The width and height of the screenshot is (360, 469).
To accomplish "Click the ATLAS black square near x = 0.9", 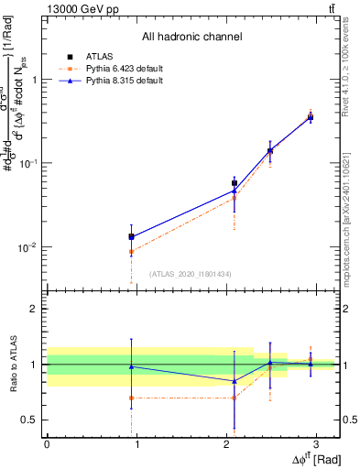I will (132, 236).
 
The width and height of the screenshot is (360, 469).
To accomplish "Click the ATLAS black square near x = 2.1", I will (235, 183).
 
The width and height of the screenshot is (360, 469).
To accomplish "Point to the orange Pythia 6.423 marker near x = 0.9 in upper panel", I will (132, 251).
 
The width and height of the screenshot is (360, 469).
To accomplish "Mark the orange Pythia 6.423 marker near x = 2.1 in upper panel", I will (235, 198).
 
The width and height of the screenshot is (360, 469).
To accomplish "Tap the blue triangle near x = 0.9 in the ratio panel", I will (132, 366).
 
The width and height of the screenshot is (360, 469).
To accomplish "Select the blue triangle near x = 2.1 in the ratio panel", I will (235, 381).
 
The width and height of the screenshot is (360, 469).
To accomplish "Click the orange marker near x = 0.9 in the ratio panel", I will (132, 398).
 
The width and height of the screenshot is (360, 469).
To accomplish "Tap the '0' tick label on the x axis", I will (47, 443).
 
